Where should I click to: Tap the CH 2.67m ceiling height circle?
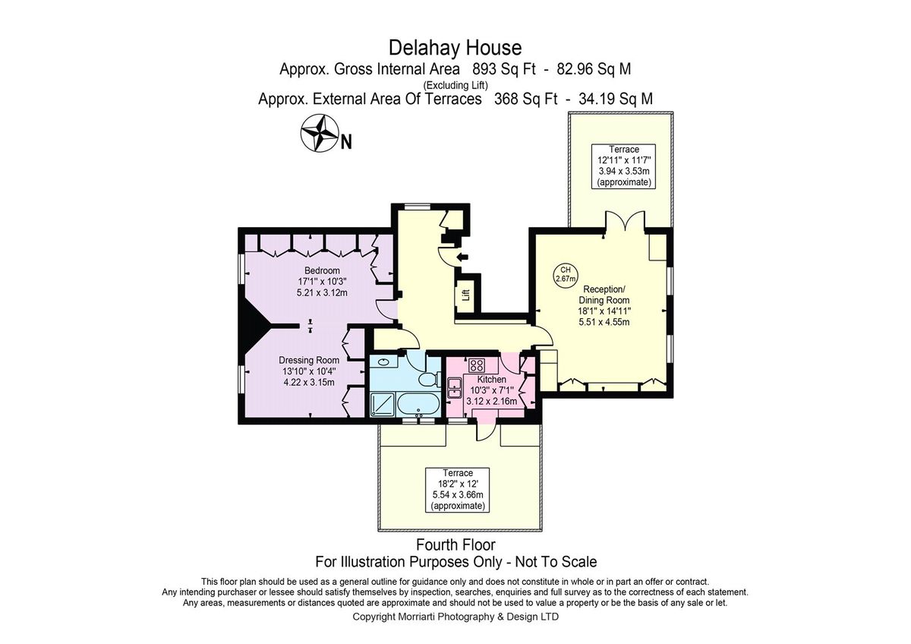pyautogui.click(x=565, y=274)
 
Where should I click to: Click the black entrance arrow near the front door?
pyautogui.click(x=465, y=257)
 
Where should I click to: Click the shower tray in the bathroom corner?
pyautogui.click(x=380, y=405)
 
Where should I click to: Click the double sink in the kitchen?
pyautogui.click(x=455, y=390)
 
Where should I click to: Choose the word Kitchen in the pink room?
pyautogui.click(x=491, y=379)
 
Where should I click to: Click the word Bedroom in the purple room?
pyautogui.click(x=322, y=270)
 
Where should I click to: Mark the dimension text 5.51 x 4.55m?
pyautogui.click(x=604, y=321)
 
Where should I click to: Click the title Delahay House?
pyautogui.click(x=455, y=48)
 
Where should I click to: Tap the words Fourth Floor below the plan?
pyautogui.click(x=455, y=545)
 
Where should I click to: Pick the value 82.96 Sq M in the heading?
pyautogui.click(x=593, y=69)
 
